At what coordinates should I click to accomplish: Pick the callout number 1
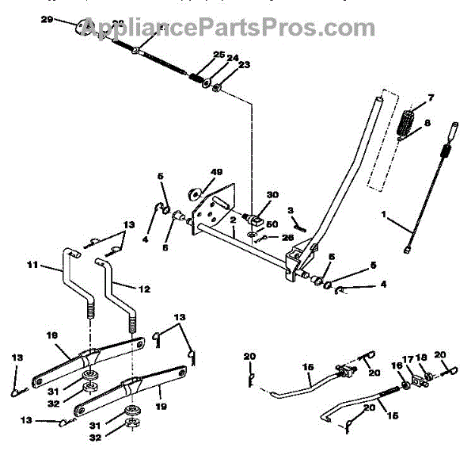click(408, 214)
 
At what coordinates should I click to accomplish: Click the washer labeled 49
click(194, 193)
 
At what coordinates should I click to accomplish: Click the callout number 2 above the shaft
click(233, 221)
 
